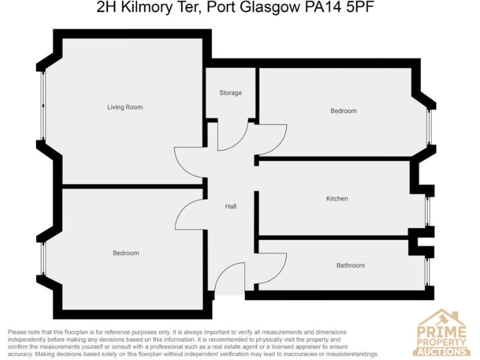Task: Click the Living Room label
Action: click(125, 107)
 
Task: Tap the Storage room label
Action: click(230, 93)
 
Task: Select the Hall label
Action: click(231, 206)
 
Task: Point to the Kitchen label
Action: click(337, 199)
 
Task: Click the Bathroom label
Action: click(350, 266)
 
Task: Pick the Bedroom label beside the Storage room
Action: click(343, 111)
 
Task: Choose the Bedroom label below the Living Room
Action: click(126, 253)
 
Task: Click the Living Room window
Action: click(42, 106)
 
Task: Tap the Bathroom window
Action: click(428, 268)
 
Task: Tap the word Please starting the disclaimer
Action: click(17, 332)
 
